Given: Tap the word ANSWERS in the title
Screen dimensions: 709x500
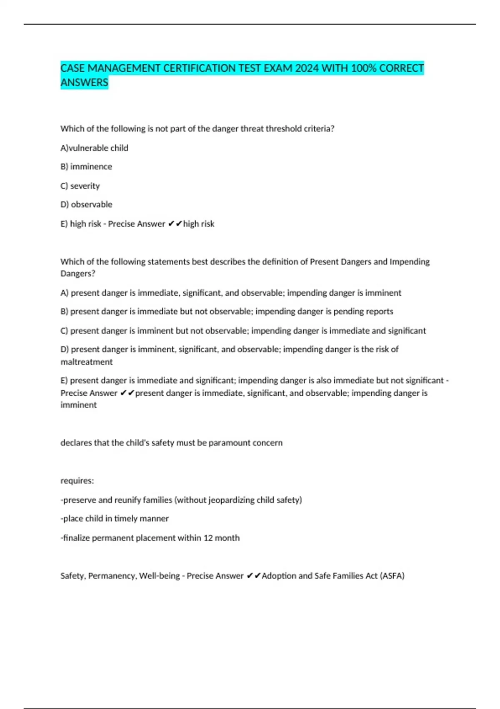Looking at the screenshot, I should point(84,83).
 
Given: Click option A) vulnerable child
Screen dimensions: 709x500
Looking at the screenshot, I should point(94,148).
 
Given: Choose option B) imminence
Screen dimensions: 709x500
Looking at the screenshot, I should point(86,166).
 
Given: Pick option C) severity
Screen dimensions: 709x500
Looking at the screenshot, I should point(80,186).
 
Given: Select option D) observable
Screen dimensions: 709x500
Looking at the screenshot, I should point(86,204).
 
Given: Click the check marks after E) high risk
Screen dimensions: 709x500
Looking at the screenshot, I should point(175,224).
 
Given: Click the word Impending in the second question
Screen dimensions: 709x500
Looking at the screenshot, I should point(410,261).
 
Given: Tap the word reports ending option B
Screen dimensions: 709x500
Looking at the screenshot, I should point(378,311).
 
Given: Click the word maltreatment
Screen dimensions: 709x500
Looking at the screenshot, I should point(87,362).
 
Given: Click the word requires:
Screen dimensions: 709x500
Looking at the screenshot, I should point(77,480).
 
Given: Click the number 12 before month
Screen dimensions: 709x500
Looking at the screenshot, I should point(208,538).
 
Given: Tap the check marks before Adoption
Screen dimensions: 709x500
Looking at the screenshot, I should point(253,576).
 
